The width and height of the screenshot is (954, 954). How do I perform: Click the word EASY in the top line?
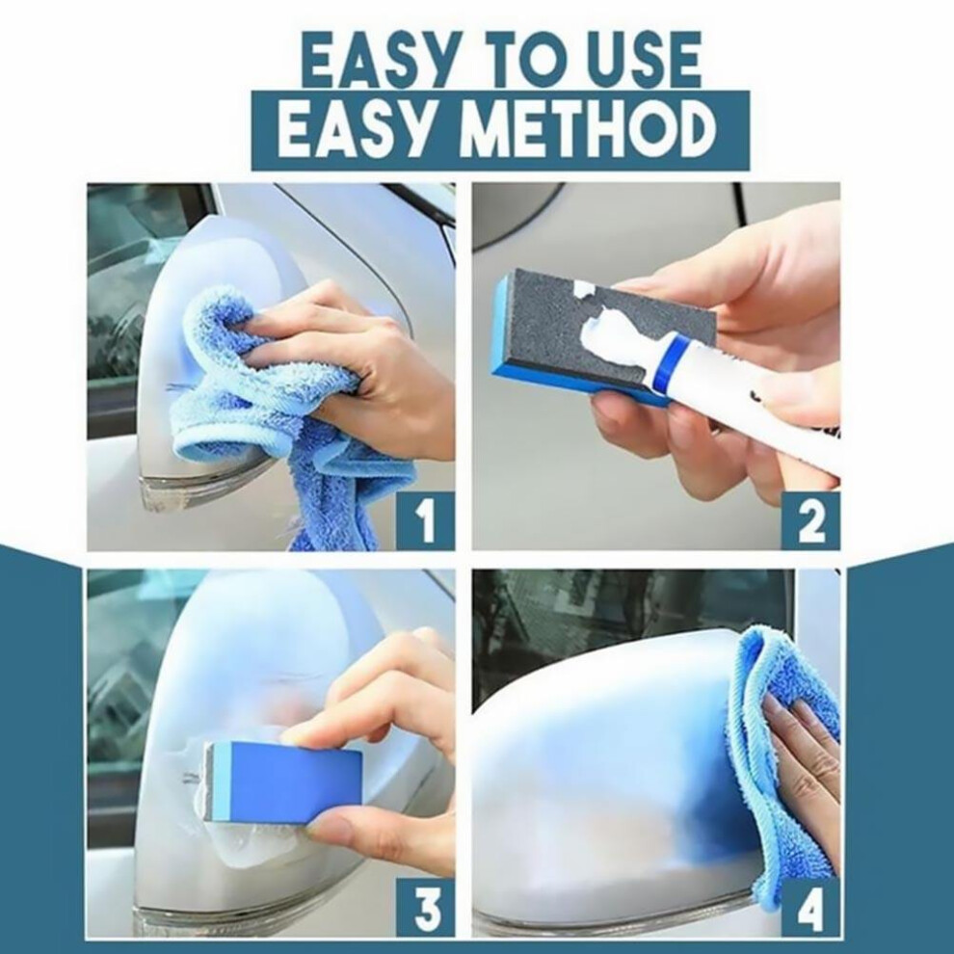[379, 61]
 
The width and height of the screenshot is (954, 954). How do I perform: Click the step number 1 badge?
[425, 520]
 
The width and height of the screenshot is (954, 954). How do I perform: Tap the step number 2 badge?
[810, 520]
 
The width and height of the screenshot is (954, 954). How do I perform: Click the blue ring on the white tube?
[672, 365]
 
